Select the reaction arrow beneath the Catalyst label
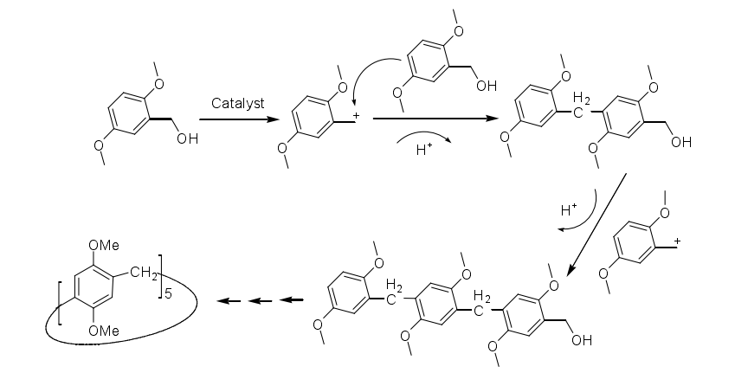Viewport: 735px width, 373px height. tap(235, 120)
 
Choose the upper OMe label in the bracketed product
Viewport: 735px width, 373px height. tap(103, 245)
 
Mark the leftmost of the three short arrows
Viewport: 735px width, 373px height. tap(228, 300)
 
